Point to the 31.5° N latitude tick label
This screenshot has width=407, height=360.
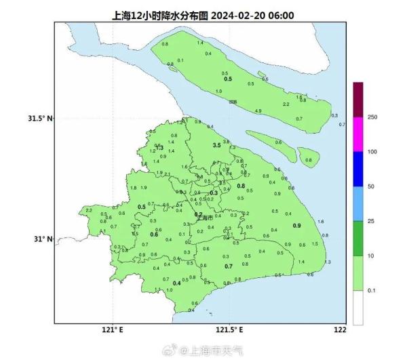coord(41,119)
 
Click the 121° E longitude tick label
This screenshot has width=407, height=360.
coord(111,330)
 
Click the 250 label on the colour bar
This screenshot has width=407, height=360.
coord(372,117)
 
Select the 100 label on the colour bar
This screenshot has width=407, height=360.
coord(372,152)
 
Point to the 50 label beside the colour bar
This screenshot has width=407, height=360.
coord(371,186)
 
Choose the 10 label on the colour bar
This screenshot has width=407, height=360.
coord(371,256)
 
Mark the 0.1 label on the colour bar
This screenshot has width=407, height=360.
coord(372,290)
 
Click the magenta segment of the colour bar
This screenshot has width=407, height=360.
coord(358,134)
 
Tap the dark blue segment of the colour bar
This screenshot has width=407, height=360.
coord(358,169)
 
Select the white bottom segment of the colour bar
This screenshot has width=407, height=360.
coord(358,308)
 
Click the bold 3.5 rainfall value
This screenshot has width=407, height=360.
coord(217,146)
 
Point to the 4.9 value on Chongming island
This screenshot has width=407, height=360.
coord(258,111)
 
